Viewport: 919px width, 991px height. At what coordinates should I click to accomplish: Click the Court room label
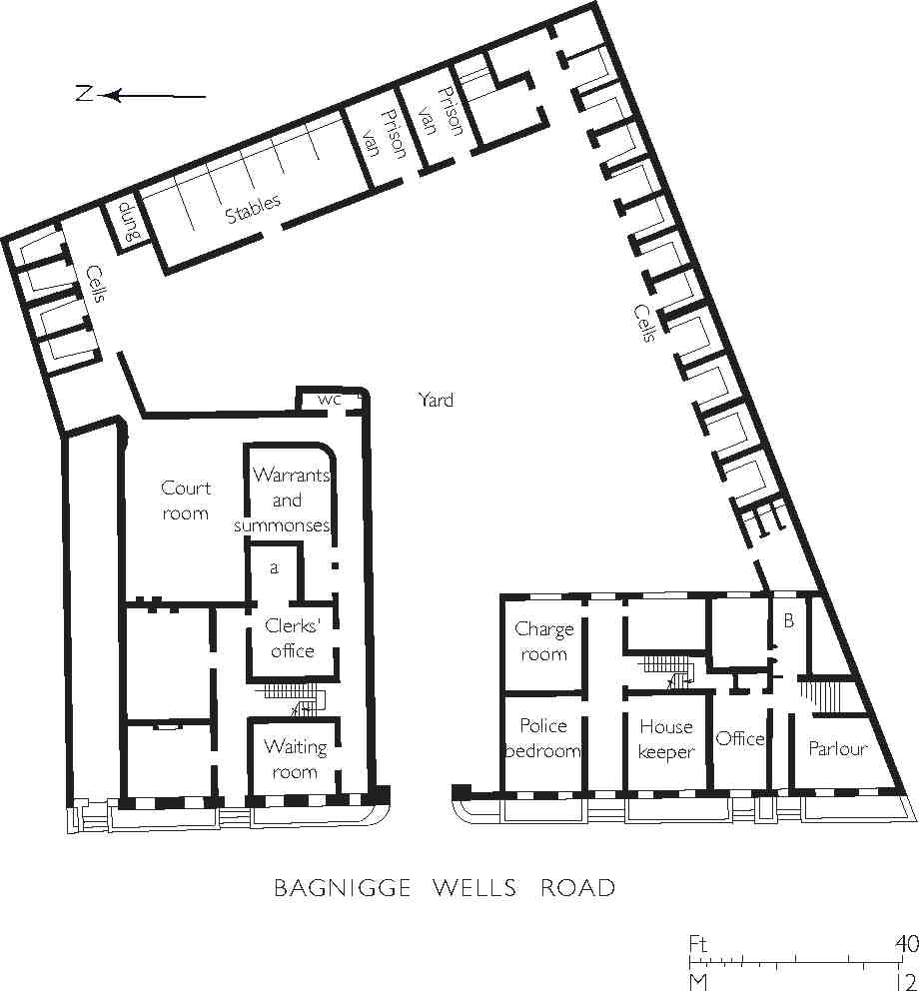click(x=186, y=500)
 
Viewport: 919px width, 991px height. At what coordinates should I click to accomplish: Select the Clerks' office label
click(x=290, y=638)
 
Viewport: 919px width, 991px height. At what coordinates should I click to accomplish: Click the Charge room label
click(x=543, y=641)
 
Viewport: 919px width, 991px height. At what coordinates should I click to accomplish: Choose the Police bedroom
click(x=542, y=738)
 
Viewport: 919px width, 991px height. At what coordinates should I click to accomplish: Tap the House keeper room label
click(x=665, y=739)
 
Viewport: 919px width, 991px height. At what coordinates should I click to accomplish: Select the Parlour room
click(x=837, y=748)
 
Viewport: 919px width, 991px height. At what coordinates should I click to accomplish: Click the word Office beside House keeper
click(x=740, y=738)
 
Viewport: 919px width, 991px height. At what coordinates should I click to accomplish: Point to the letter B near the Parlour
click(x=788, y=621)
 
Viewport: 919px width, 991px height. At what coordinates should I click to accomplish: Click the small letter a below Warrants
click(x=274, y=567)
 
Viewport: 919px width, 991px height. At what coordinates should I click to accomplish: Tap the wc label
click(x=330, y=400)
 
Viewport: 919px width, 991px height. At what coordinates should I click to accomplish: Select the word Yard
click(x=436, y=400)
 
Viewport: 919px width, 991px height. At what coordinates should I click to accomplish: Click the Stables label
click(x=252, y=208)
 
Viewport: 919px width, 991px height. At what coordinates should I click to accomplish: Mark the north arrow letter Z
click(x=84, y=95)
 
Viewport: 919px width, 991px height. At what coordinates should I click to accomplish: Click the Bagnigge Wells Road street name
click(x=445, y=888)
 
